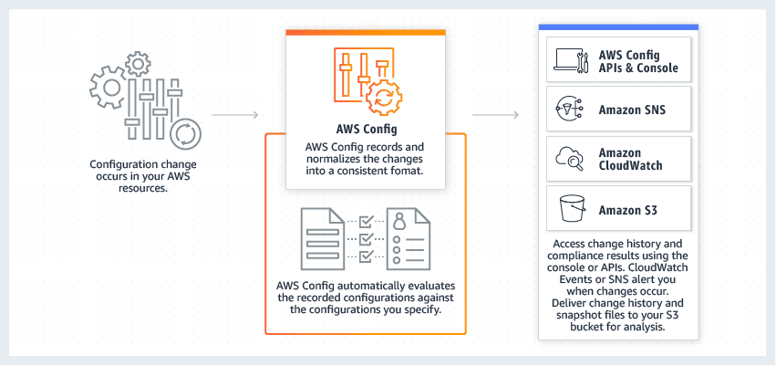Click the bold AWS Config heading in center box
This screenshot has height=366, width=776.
(365, 129)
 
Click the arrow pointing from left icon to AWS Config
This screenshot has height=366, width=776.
(236, 116)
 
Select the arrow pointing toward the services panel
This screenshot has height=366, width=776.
(496, 116)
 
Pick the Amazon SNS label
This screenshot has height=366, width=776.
(632, 110)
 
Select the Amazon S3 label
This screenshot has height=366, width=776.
(628, 210)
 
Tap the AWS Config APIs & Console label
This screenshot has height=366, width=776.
(638, 60)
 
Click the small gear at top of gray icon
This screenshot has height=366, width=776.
(138, 63)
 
